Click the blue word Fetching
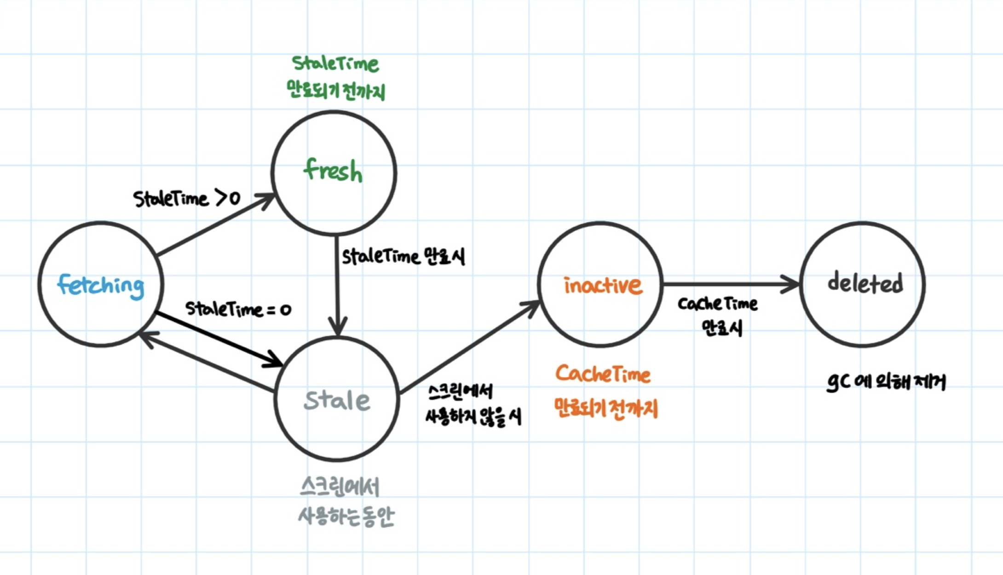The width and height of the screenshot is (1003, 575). coord(100,286)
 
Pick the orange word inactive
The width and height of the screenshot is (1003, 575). coord(602,286)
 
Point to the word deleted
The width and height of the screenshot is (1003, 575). coord(865,282)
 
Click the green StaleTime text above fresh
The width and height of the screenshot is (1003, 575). coord(335,64)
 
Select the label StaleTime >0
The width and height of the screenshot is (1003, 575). coord(187,199)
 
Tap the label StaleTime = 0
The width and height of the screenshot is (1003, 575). coord(238,309)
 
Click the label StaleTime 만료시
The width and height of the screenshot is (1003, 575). coord(403,257)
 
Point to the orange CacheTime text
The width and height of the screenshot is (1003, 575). coord(603,374)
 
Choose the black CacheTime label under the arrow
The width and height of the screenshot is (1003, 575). coord(717,304)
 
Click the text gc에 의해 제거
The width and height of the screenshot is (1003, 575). coord(886,382)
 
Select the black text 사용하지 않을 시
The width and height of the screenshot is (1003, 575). coord(473,417)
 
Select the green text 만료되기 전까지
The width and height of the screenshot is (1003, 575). coord(335,90)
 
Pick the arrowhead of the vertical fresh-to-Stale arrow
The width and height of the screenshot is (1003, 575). coord(338,328)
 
